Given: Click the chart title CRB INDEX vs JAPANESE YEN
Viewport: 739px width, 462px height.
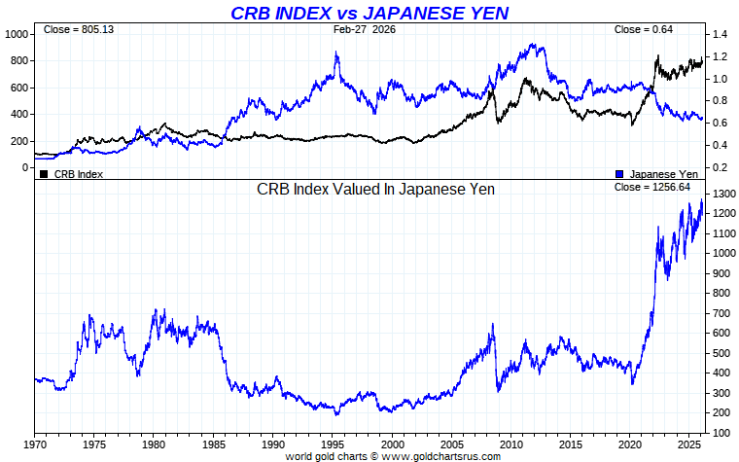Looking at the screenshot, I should pyautogui.click(x=369, y=13).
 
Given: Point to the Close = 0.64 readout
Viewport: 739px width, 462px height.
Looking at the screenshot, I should pyautogui.click(x=644, y=30).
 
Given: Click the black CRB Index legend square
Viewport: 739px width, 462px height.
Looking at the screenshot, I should pyautogui.click(x=44, y=174).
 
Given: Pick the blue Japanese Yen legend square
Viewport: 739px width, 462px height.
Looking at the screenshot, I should pyautogui.click(x=620, y=174).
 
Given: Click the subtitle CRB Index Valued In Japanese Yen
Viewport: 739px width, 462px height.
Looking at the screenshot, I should pyautogui.click(x=375, y=189).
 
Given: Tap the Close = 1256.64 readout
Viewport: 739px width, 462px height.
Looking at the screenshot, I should pyautogui.click(x=656, y=187).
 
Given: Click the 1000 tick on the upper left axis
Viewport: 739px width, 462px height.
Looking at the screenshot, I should pyautogui.click(x=18, y=34).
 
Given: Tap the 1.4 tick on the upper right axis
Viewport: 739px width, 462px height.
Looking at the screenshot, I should pyautogui.click(x=720, y=34).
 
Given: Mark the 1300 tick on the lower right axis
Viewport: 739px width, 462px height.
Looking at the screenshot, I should pyautogui.click(x=722, y=194).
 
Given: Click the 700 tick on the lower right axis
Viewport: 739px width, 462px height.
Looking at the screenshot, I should pyautogui.click(x=721, y=313).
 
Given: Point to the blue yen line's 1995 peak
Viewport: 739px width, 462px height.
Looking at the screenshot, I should pyautogui.click(x=337, y=53).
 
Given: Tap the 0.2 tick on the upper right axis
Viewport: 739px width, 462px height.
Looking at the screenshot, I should pyautogui.click(x=720, y=167).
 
